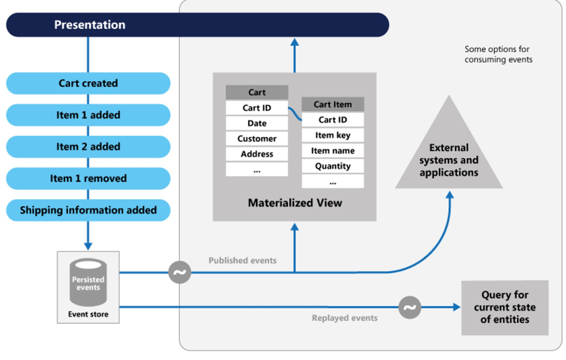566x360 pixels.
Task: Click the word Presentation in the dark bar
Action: (90, 25)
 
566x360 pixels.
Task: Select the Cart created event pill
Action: (88, 83)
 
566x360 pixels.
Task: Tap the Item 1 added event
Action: (88, 115)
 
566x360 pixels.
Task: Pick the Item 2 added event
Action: (88, 147)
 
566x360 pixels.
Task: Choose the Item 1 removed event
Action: (88, 179)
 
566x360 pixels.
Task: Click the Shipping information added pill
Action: (88, 210)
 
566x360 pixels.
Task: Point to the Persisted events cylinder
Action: (88, 283)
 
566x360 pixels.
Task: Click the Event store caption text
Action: (88, 314)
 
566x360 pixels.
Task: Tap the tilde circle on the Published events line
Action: (179, 272)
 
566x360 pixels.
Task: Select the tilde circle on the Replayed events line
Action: (409, 308)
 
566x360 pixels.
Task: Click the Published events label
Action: (242, 260)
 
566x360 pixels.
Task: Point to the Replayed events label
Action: (345, 318)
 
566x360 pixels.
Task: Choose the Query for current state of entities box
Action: (504, 307)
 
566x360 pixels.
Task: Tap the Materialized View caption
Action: (295, 203)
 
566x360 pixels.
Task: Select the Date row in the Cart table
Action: (257, 123)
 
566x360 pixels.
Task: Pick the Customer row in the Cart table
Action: (257, 139)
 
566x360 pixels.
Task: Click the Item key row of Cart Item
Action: (333, 135)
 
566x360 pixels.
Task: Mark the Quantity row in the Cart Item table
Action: (333, 166)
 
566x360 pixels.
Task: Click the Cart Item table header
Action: (333, 104)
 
